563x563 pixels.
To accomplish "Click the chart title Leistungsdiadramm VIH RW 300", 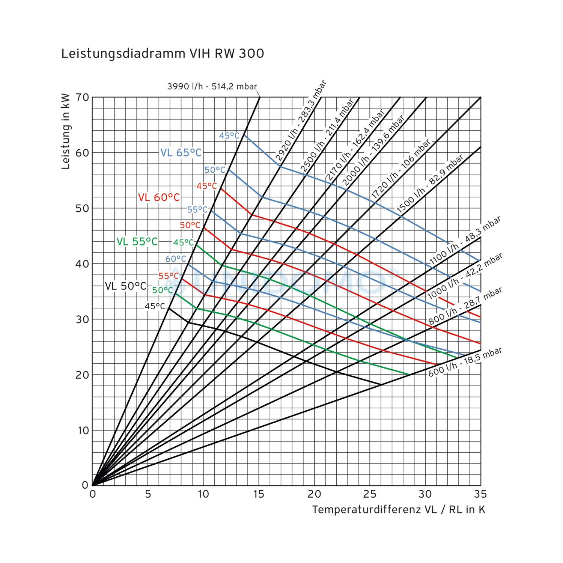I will pyautogui.click(x=163, y=54).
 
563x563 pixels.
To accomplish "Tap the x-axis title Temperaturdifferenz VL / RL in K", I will pyautogui.click(x=399, y=510).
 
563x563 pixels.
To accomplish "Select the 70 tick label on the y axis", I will pyautogui.click(x=83, y=97).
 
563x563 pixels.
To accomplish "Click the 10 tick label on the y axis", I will pyautogui.click(x=83, y=431).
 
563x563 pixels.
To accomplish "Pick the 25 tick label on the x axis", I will pyautogui.click(x=370, y=494).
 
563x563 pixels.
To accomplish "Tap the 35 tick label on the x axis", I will pyautogui.click(x=480, y=494).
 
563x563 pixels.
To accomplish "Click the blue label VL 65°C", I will pyautogui.click(x=181, y=153).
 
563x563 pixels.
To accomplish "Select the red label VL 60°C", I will pyautogui.click(x=159, y=197).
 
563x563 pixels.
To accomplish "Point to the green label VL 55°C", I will pyautogui.click(x=137, y=242).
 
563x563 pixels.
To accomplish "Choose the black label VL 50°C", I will pyautogui.click(x=125, y=286).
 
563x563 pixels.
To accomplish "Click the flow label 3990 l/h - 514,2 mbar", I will pyautogui.click(x=212, y=86).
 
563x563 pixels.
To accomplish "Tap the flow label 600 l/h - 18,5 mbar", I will pyautogui.click(x=465, y=362).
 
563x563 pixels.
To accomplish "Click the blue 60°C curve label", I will pyautogui.click(x=176, y=259).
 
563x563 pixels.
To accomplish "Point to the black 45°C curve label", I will pyautogui.click(x=155, y=306).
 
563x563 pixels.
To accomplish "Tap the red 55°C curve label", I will pyautogui.click(x=169, y=276).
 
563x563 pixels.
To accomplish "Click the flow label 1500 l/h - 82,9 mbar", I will pyautogui.click(x=430, y=184).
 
